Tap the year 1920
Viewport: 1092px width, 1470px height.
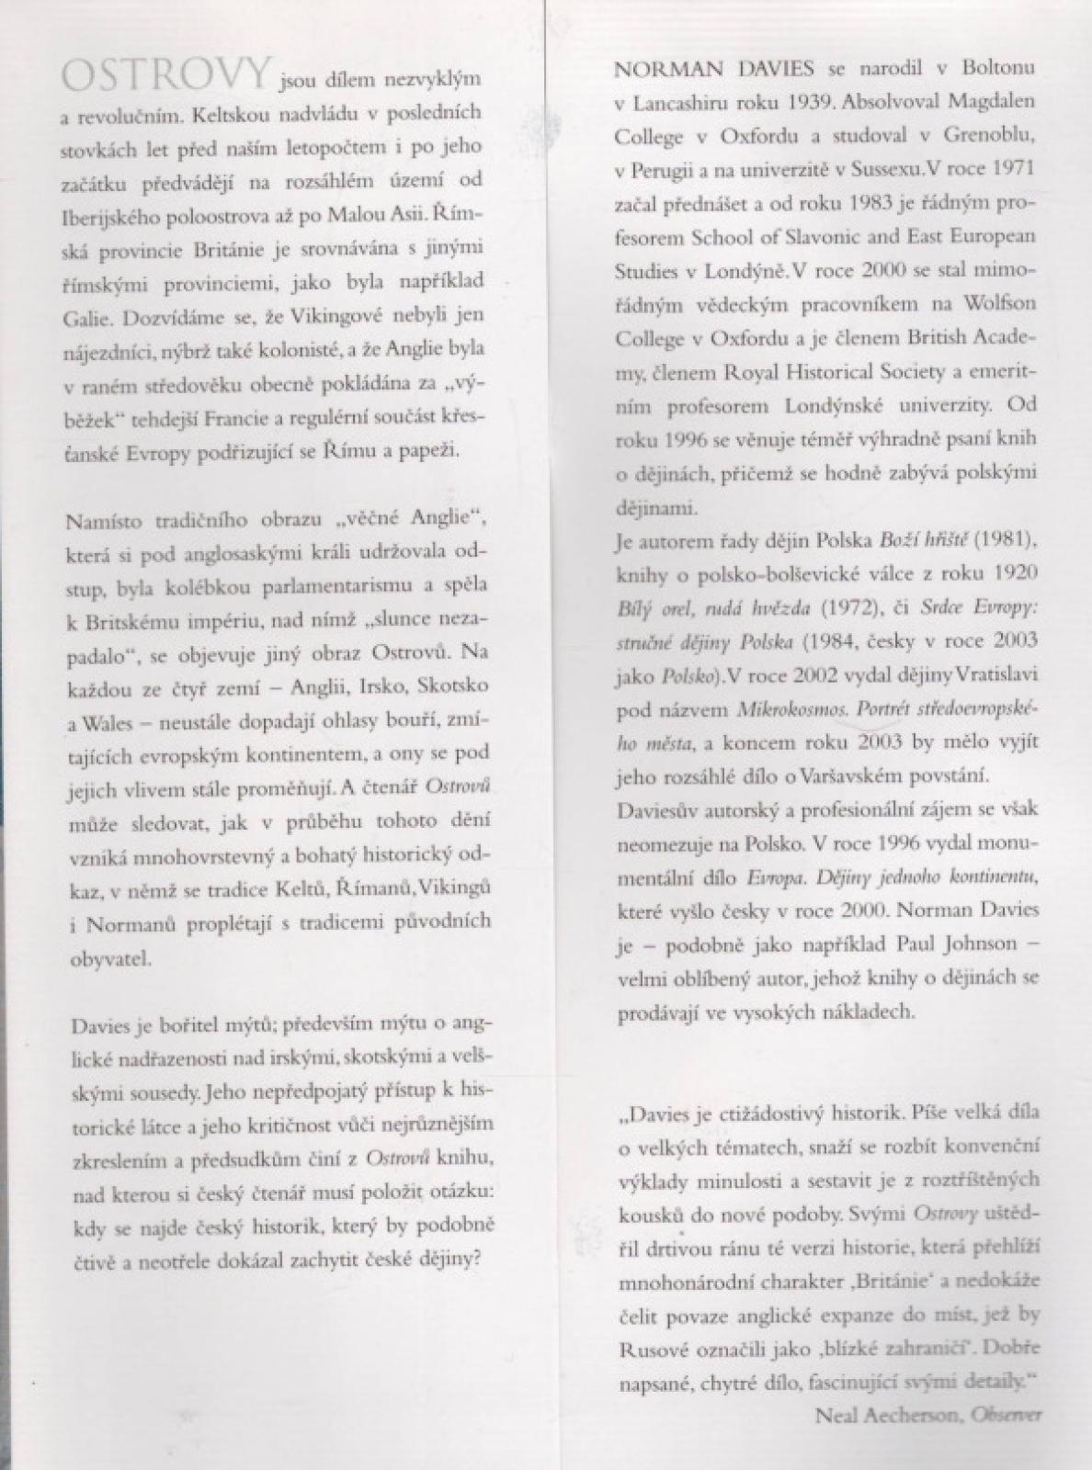click(1017, 573)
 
